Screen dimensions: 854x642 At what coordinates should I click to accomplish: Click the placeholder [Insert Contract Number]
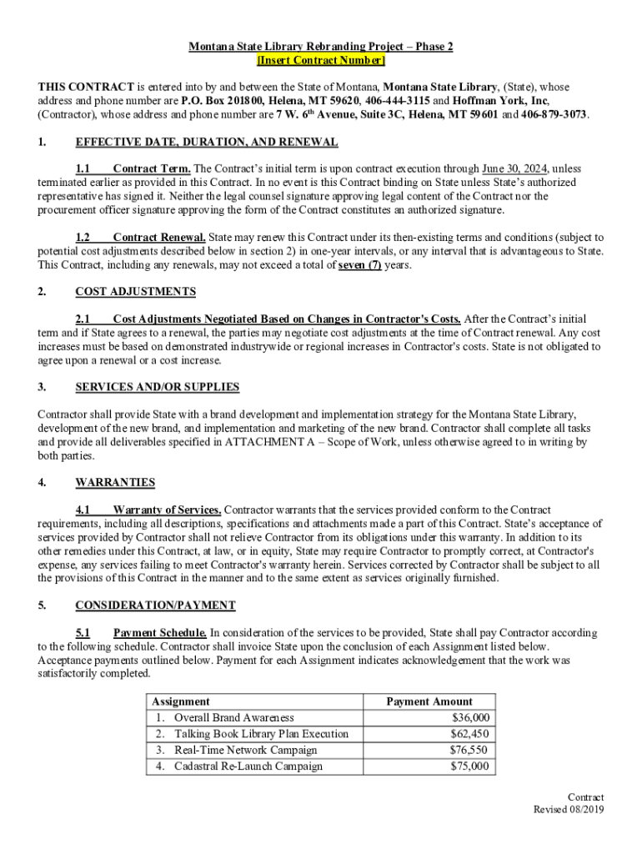point(321,61)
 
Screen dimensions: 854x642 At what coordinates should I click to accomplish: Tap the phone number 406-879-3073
point(554,114)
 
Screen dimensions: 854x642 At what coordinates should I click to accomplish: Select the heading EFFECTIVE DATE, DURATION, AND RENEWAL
point(207,142)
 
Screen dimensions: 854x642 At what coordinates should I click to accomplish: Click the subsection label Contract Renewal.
point(159,237)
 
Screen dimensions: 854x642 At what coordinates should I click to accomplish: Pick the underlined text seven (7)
point(359,265)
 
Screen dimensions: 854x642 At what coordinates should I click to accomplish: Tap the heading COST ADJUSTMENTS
point(136,292)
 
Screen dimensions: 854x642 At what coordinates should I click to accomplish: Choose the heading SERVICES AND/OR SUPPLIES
point(158,387)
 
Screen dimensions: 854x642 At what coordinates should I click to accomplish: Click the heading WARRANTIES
point(115,482)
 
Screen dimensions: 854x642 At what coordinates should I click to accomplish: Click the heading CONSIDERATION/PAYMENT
point(155,605)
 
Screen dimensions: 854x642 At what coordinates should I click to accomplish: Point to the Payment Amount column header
point(429,702)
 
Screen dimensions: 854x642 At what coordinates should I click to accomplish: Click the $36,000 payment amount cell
point(471,718)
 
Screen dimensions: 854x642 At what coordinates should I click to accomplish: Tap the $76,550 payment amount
point(471,750)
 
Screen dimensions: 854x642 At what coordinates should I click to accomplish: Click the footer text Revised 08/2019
point(569,810)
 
